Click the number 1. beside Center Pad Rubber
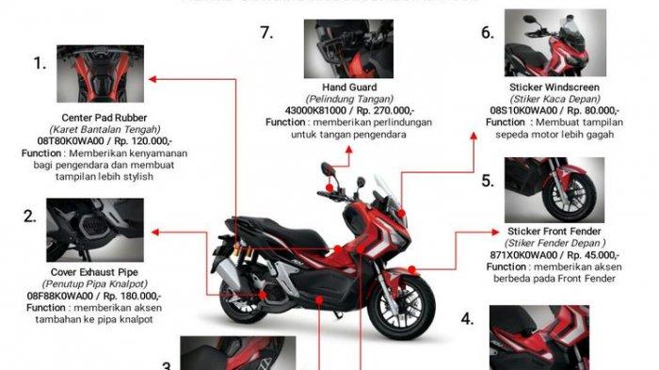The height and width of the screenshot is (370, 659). point(40,64)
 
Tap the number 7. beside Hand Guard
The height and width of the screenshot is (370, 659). point(266,33)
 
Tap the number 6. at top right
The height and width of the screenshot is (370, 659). point(487,33)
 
